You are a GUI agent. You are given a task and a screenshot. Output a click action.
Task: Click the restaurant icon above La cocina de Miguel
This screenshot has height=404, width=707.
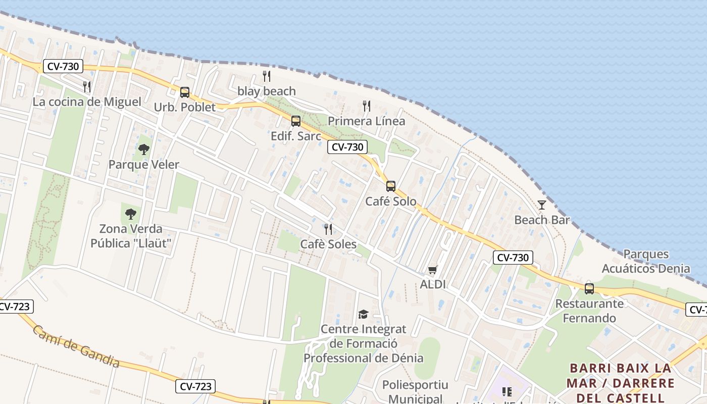point(87,87)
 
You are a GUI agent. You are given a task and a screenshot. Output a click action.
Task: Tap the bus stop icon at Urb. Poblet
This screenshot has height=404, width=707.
point(185,92)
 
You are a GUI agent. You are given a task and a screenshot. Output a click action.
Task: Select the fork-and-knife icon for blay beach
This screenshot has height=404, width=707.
point(267,76)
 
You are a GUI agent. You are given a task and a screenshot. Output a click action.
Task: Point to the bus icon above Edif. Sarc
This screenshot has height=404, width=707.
point(296,121)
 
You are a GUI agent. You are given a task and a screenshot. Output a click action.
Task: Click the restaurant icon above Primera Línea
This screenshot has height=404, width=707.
point(367,106)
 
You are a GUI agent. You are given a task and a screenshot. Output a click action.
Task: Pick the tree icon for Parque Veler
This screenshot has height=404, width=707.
point(144,149)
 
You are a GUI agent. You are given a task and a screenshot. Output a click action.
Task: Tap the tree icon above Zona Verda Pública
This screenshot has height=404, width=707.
point(131,214)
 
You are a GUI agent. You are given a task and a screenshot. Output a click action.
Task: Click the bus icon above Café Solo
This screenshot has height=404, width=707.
point(391,186)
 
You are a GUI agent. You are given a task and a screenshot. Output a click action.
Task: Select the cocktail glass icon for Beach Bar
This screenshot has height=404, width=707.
point(542,205)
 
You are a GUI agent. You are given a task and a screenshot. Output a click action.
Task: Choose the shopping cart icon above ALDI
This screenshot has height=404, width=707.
point(432,270)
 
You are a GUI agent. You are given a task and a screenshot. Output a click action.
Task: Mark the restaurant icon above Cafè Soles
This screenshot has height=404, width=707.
point(328,229)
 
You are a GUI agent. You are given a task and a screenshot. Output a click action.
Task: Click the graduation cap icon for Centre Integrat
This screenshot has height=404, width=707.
point(363,315)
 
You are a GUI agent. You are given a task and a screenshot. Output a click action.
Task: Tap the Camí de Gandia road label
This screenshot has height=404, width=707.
point(76,346)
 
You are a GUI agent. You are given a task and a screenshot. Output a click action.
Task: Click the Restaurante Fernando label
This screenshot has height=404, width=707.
point(589,311)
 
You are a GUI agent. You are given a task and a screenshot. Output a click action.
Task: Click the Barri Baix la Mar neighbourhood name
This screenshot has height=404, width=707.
point(621,382)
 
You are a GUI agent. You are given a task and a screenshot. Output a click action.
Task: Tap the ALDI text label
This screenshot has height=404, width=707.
point(433,284)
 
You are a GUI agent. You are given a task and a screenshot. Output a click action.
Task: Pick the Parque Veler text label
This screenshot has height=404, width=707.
point(144,165)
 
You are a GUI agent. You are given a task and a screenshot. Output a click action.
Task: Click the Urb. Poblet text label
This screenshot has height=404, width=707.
point(185,107)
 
